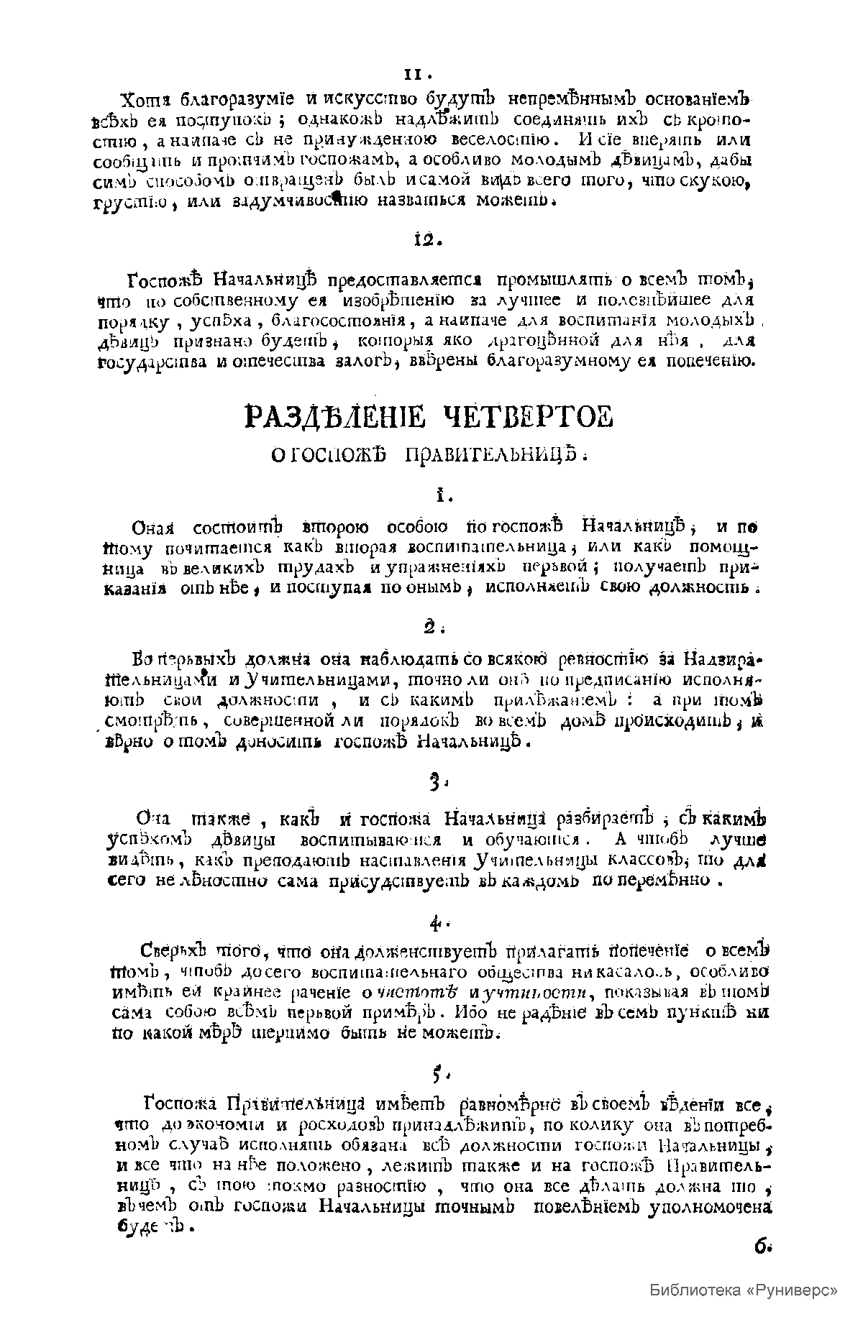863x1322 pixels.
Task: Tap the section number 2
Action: [x=431, y=628]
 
